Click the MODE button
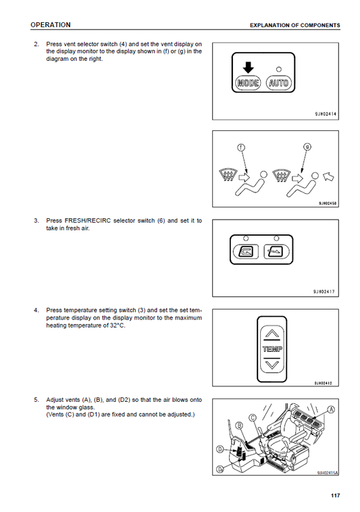[249, 82]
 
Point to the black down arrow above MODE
[249, 68]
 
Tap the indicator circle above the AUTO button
[279, 69]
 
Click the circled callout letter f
[241, 148]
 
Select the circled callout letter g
[307, 147]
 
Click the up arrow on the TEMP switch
[272, 334]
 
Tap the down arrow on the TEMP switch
[272, 364]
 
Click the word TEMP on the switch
[272, 349]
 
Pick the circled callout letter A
[331, 409]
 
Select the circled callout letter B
[239, 425]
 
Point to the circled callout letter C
[253, 417]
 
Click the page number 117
[335, 495]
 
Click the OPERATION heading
[51, 25]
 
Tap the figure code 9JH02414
[326, 114]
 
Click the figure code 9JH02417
[324, 292]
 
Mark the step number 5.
[36, 400]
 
